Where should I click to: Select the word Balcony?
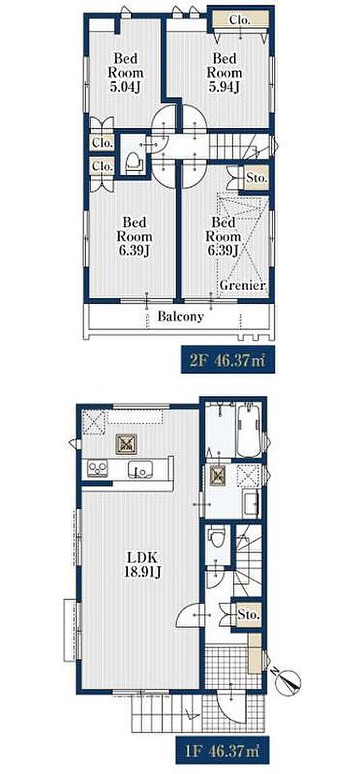(181, 317)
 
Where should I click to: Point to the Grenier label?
(243, 286)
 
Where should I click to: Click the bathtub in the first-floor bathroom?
(249, 430)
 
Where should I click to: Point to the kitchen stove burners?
(98, 468)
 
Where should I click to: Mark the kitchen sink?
(140, 469)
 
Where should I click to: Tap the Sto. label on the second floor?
(256, 178)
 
